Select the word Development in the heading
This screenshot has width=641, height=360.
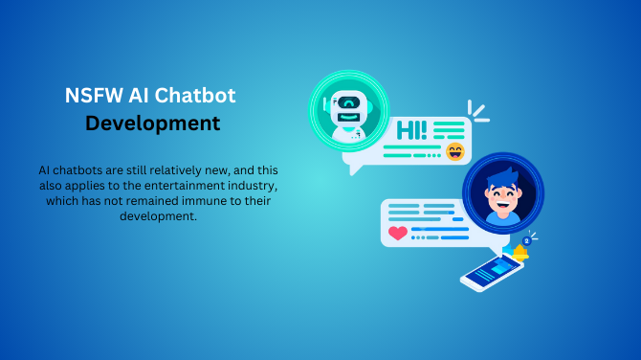pyautogui.click(x=152, y=124)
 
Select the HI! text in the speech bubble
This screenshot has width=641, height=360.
pyautogui.click(x=411, y=129)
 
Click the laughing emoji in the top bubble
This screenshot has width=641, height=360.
pyautogui.click(x=454, y=152)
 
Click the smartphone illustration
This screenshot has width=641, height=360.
pyautogui.click(x=492, y=271)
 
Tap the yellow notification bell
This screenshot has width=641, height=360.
pyautogui.click(x=520, y=254)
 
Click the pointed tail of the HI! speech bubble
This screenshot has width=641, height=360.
pyautogui.click(x=355, y=169)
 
